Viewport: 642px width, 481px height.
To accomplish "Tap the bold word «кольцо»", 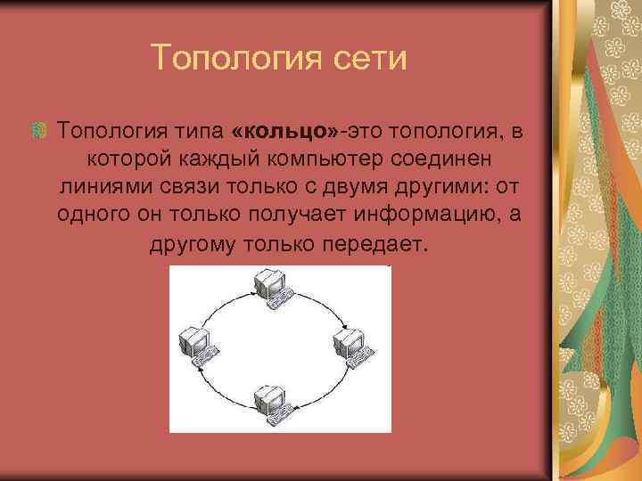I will [x=284, y=134].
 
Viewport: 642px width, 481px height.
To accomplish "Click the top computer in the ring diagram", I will [x=270, y=288].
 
